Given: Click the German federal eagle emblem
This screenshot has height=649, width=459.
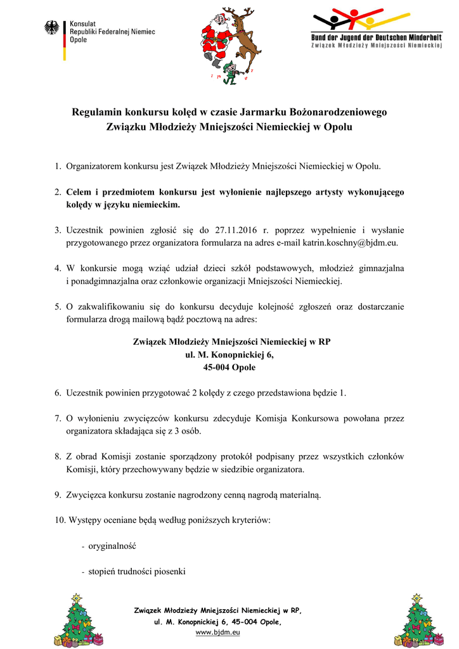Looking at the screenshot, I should [x=51, y=29].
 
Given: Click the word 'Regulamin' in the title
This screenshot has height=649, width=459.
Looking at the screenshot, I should [x=97, y=112].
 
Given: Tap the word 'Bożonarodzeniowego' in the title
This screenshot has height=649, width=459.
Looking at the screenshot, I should [x=339, y=112].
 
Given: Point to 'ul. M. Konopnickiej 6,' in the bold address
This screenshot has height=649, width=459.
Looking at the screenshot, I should [x=229, y=355].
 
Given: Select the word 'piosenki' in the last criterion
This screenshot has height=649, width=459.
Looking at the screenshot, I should [x=170, y=572].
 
